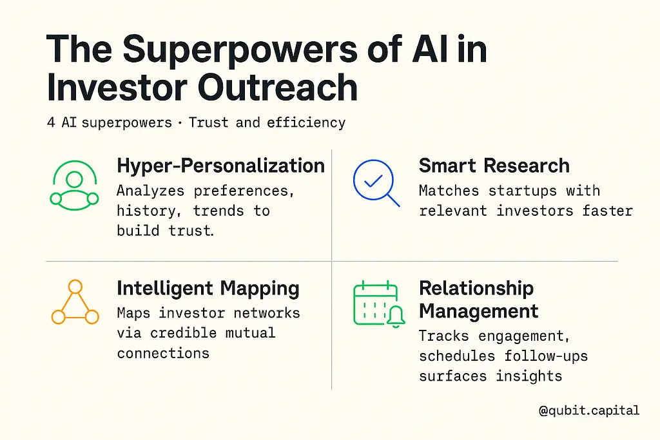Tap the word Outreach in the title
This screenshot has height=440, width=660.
click(x=278, y=87)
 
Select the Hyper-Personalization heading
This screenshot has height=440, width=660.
click(x=220, y=166)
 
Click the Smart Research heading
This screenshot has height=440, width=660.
click(x=494, y=166)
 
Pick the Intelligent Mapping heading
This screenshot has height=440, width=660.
click(x=208, y=289)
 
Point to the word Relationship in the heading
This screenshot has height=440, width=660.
click(x=476, y=289)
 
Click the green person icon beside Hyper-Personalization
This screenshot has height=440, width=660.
click(x=75, y=186)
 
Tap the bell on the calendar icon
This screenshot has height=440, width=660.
click(x=395, y=316)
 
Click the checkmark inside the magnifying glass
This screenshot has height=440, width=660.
click(x=373, y=180)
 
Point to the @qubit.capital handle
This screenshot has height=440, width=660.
click(x=589, y=410)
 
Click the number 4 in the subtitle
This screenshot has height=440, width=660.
click(x=51, y=122)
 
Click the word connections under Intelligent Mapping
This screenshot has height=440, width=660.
click(x=163, y=353)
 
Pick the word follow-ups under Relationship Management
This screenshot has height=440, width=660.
click(x=546, y=356)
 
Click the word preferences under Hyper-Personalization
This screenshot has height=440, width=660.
click(x=244, y=191)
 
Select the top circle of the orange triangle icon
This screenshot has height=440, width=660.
click(x=75, y=287)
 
